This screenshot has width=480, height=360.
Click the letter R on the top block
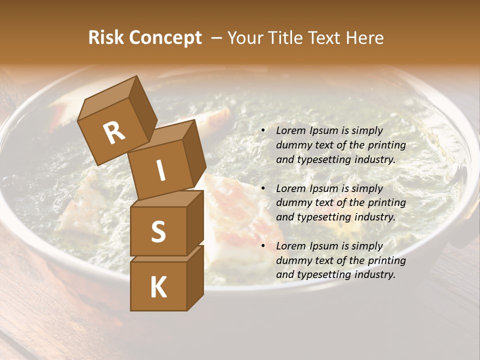tap(114, 133)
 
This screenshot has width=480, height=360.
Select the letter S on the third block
tap(158, 232)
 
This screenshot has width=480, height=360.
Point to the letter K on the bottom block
tap(158, 287)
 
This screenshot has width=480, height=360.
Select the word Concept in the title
tap(166, 38)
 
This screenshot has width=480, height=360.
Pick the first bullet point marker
tap(263, 131)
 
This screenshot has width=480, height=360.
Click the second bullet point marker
tap(263, 188)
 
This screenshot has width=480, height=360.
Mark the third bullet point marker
tap(263, 246)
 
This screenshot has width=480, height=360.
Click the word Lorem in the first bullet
tap(289, 130)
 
